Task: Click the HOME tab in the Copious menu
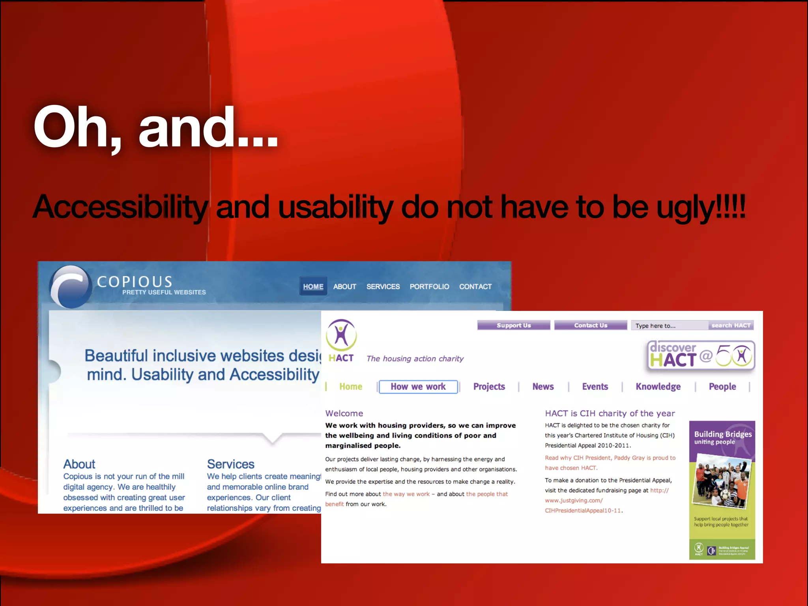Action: (x=313, y=287)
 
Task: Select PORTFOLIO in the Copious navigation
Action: (x=429, y=287)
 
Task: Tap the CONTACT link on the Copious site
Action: (x=475, y=287)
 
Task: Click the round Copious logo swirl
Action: (x=70, y=287)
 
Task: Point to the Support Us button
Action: (x=513, y=325)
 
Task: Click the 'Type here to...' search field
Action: (x=669, y=325)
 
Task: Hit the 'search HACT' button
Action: (x=731, y=325)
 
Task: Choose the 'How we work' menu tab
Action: (x=418, y=387)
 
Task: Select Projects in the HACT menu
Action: (x=489, y=387)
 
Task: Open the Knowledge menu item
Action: (x=658, y=387)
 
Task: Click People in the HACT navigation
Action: (x=722, y=387)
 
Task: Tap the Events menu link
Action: (x=595, y=387)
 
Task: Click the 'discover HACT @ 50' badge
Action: (x=701, y=355)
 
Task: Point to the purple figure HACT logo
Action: (x=341, y=335)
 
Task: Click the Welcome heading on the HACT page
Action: (x=344, y=413)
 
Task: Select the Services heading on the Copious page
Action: (x=231, y=464)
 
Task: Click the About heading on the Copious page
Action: (x=79, y=464)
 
